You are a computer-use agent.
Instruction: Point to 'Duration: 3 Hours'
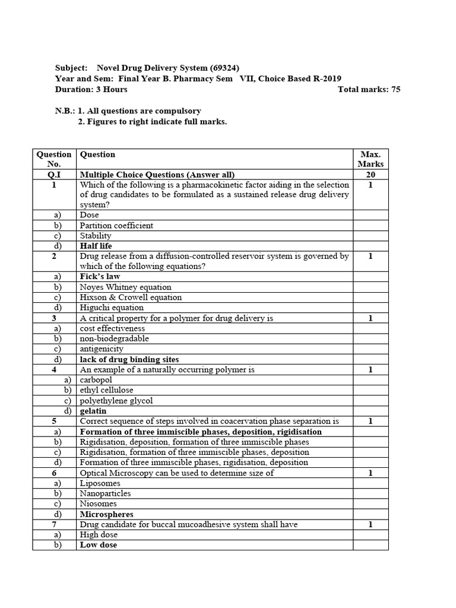[91, 90]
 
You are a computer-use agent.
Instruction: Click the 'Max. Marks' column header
[370, 159]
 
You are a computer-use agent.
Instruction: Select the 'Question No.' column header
[54, 159]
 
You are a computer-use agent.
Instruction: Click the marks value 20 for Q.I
[370, 175]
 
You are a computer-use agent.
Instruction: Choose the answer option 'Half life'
[96, 246]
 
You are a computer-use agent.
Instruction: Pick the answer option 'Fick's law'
[100, 277]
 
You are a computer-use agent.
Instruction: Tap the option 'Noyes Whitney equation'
[125, 287]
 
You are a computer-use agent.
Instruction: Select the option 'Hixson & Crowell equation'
[131, 297]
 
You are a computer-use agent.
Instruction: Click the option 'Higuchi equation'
[112, 308]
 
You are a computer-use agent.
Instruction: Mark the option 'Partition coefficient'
[116, 226]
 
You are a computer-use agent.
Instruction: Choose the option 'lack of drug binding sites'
[129, 359]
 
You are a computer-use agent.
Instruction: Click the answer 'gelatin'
[93, 411]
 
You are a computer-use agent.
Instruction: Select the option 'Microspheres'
[107, 514]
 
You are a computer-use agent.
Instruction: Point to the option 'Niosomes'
[98, 504]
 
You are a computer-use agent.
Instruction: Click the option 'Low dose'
[99, 545]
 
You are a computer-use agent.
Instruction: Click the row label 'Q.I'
[54, 175]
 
